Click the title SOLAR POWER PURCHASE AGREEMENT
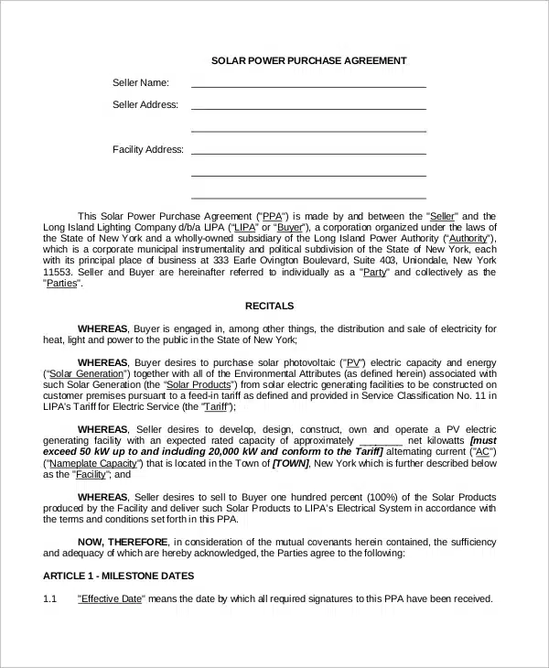(x=309, y=61)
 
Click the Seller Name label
(x=140, y=82)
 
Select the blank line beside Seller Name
(x=308, y=85)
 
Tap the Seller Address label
(x=145, y=104)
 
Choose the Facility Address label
(x=147, y=149)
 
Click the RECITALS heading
(x=269, y=306)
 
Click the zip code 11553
(x=58, y=272)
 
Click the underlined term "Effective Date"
(x=110, y=598)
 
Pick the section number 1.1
(x=50, y=598)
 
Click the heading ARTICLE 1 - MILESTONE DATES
(x=118, y=576)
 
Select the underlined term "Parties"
(x=62, y=283)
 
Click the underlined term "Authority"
(x=465, y=238)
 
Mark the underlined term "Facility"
(x=89, y=474)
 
